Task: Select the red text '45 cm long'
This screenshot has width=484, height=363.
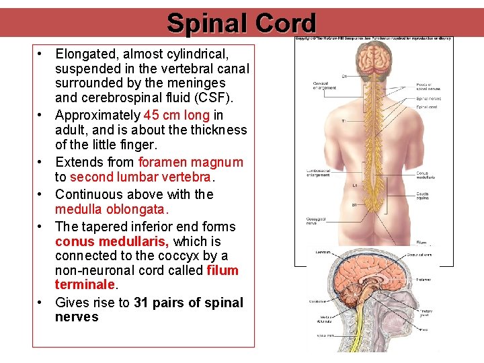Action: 177,115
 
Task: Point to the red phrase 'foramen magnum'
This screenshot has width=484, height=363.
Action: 191,162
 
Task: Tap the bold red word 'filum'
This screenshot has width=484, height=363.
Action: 223,271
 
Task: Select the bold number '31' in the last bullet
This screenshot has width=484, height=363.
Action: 141,302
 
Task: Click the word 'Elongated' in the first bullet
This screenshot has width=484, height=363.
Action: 85,52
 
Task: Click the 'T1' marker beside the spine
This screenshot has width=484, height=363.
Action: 343,121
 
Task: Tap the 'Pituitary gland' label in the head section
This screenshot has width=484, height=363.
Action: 426,314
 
